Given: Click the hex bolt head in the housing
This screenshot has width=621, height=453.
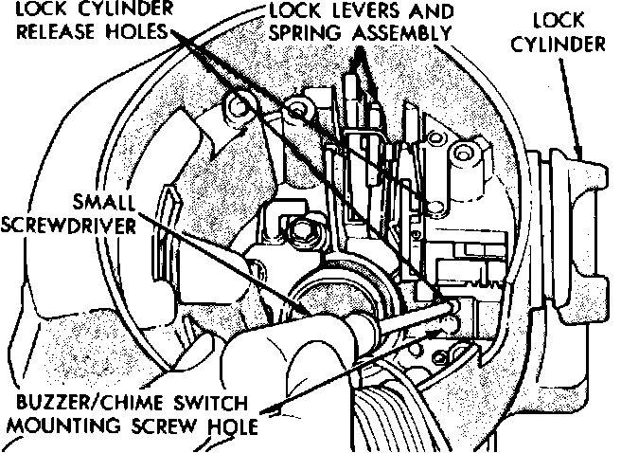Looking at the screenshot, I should pyautogui.click(x=305, y=228).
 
